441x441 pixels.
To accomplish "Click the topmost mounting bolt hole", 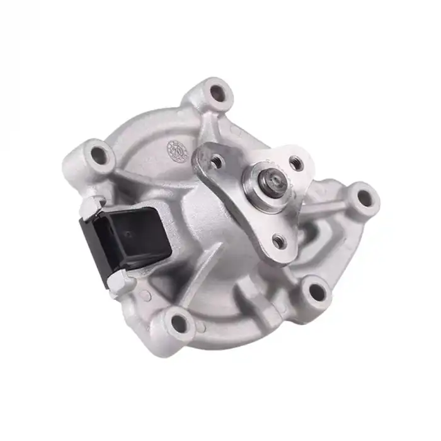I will pos(217,93).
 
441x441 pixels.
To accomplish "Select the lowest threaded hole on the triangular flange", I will pos(277,240).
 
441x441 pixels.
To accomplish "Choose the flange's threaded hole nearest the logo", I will pos(217,162).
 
